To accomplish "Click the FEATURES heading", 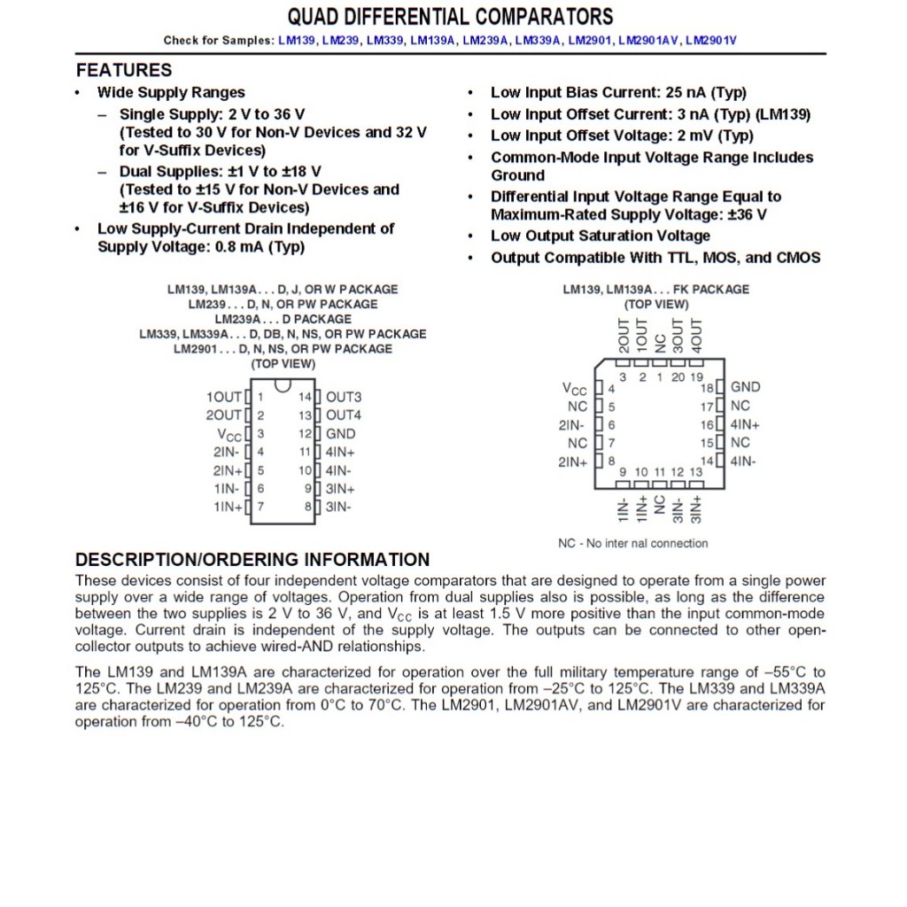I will pos(124,70).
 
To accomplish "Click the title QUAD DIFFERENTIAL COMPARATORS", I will pos(450,17).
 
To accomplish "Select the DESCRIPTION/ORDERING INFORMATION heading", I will pos(252,560).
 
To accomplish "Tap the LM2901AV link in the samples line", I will pos(649,41).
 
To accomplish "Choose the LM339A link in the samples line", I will pos(538,41).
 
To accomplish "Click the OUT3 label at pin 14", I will pos(344,397).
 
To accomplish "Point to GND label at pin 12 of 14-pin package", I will pos(340,434).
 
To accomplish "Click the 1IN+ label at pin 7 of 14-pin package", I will pos(227,508).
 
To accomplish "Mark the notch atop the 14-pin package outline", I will pos(283,385).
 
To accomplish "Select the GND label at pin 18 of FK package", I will pos(745,387).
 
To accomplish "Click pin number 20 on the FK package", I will pos(678,377).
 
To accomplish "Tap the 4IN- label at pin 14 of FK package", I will pos(742,461).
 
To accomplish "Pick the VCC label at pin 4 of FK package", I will pos(575,389).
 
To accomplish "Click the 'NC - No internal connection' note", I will pos(632,543).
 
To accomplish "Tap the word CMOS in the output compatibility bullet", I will pos(798,258).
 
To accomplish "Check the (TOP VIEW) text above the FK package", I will pos(655,305).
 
